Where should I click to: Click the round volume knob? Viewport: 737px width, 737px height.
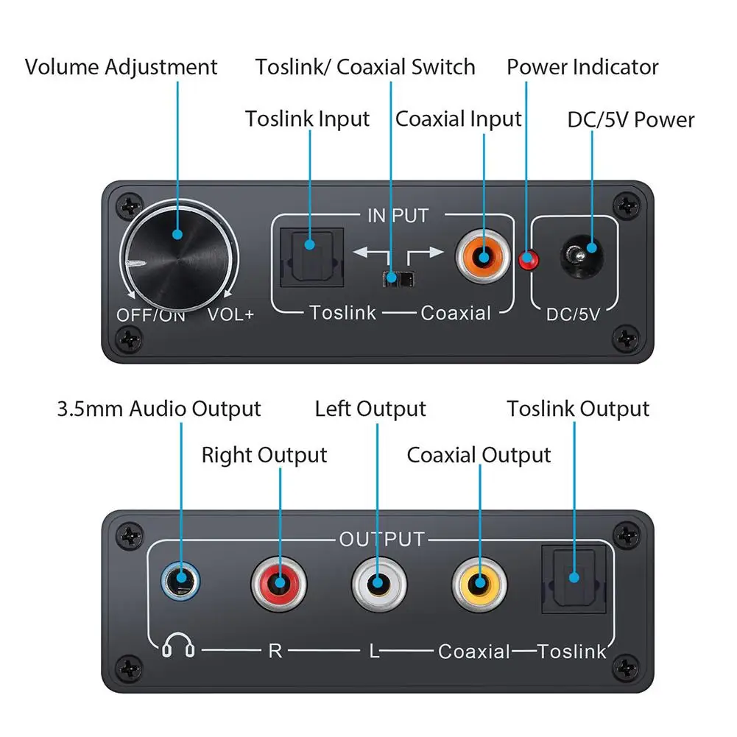coord(177,254)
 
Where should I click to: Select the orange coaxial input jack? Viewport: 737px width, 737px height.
coord(483,258)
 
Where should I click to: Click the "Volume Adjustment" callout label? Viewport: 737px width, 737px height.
coord(121,67)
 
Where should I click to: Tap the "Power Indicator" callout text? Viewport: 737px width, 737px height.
coord(582,67)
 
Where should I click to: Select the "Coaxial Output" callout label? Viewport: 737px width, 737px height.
coord(479,455)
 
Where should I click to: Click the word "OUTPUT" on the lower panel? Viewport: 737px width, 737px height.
coord(382,540)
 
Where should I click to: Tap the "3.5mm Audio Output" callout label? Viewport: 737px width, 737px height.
coord(159,409)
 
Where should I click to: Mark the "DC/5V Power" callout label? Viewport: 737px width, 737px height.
coord(631,119)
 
